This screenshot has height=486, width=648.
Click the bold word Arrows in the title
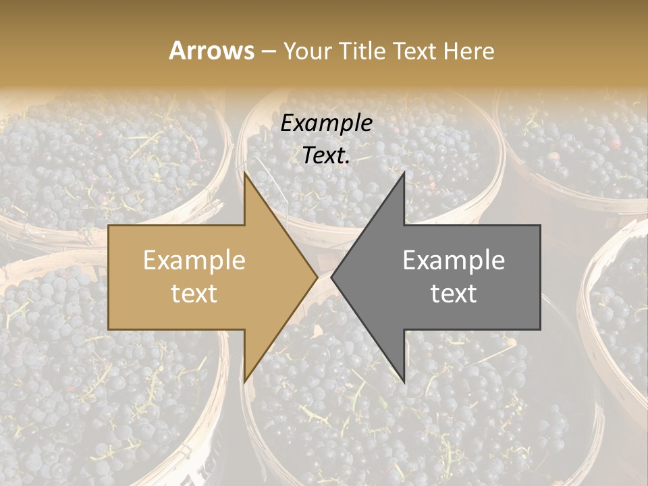(x=212, y=51)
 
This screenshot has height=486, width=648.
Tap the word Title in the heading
(x=360, y=51)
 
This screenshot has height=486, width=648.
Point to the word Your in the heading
(x=308, y=51)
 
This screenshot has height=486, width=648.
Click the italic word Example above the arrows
(x=327, y=124)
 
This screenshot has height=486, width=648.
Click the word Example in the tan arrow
(x=194, y=261)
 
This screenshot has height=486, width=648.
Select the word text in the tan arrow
(x=194, y=294)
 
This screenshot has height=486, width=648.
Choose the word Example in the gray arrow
(x=454, y=261)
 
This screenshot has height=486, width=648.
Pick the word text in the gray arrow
(x=454, y=294)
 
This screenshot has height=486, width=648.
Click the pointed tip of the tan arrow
(x=317, y=277)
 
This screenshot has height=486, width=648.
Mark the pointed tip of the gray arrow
(x=332, y=277)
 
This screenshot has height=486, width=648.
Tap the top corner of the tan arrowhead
(x=244, y=173)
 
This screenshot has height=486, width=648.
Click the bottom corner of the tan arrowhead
(x=244, y=381)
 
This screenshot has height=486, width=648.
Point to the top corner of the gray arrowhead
(x=404, y=173)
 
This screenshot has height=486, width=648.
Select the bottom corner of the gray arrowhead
(x=404, y=381)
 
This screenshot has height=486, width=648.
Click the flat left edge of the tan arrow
(x=109, y=277)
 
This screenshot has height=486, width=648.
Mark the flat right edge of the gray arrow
(x=540, y=277)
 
